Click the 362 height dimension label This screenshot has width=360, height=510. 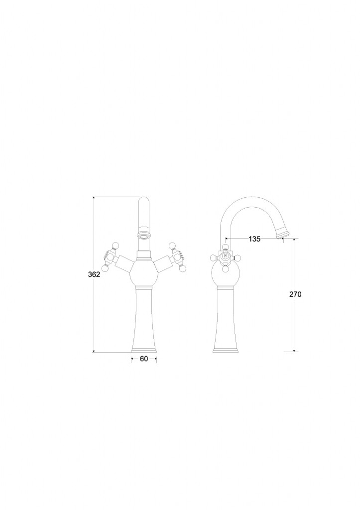[x=94, y=274]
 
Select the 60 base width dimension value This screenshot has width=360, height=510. [x=144, y=359]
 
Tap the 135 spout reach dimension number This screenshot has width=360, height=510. [x=254, y=239]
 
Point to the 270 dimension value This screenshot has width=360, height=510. [x=295, y=294]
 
